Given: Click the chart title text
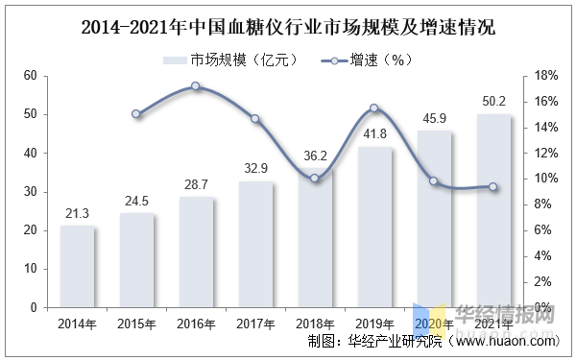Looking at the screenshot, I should pyautogui.click(x=287, y=26).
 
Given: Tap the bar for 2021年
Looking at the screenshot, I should pyautogui.click(x=493, y=211).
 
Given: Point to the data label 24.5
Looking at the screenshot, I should pyautogui.click(x=136, y=202).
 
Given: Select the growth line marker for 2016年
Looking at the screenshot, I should pyautogui.click(x=195, y=86).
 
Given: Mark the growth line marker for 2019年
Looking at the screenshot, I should pyautogui.click(x=374, y=108).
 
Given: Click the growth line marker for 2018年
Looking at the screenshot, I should pyautogui.click(x=315, y=179).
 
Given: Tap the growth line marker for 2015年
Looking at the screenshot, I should pyautogui.click(x=136, y=114).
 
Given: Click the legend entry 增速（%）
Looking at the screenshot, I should pyautogui.click(x=380, y=60).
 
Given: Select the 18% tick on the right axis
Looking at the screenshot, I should pyautogui.click(x=543, y=76).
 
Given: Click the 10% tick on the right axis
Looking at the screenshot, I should pyautogui.click(x=543, y=179).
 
